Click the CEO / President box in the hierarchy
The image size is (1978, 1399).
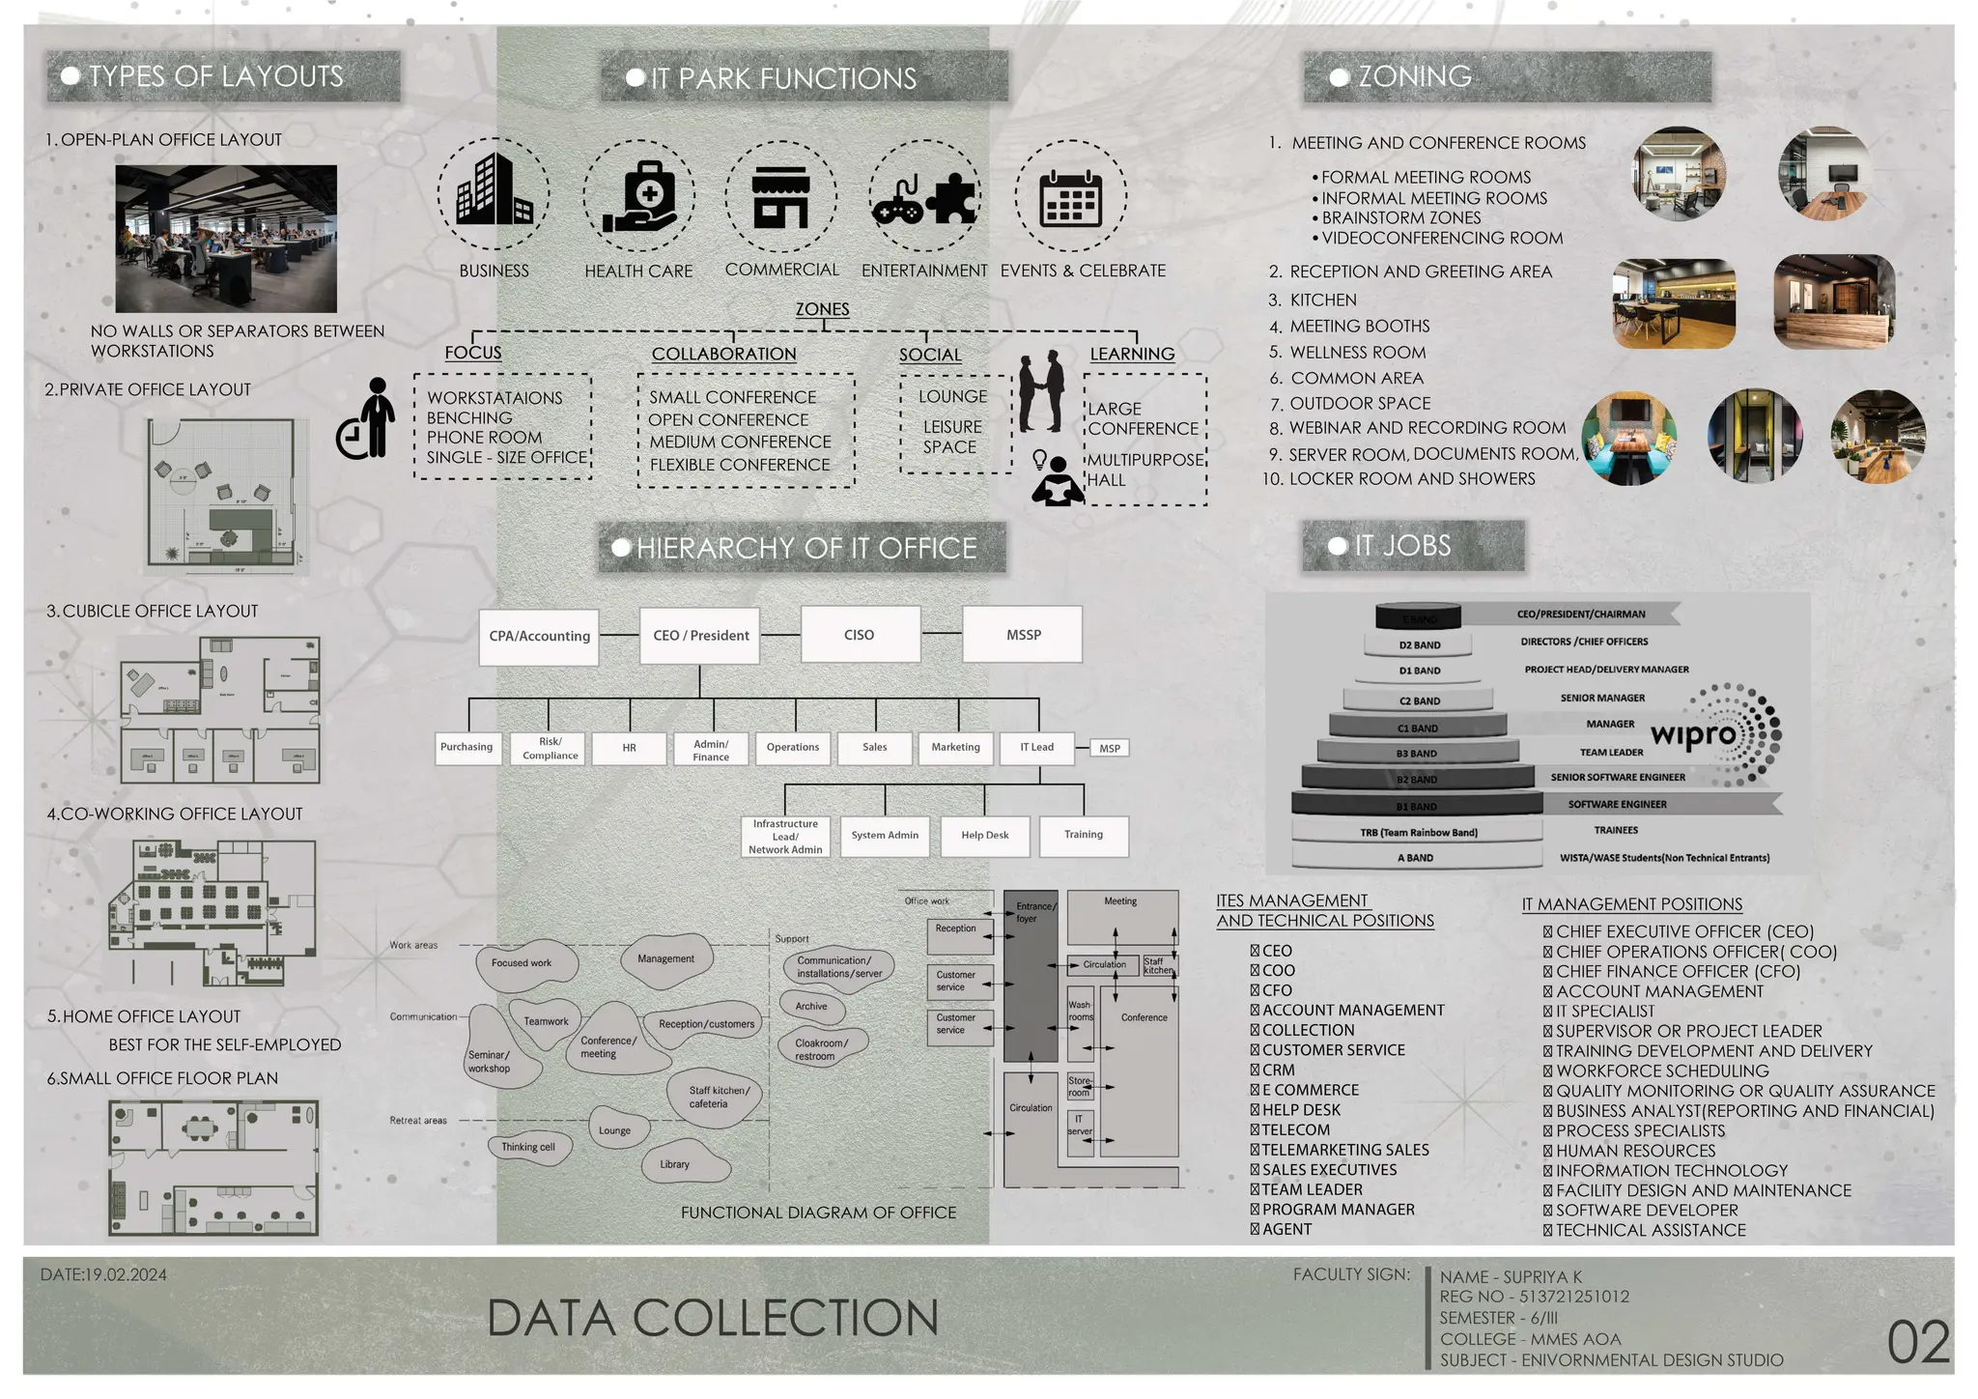click(x=700, y=636)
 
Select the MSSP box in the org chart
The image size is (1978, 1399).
click(x=1023, y=635)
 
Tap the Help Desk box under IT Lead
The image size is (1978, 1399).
click(x=984, y=836)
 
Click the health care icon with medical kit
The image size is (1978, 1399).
click(x=638, y=196)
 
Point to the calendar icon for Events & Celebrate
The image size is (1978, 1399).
click(x=1070, y=197)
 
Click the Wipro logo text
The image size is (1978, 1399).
click(x=1693, y=735)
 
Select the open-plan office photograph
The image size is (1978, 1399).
click(x=226, y=238)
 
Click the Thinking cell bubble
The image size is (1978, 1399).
click(x=528, y=1148)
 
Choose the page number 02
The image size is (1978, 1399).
click(x=1918, y=1343)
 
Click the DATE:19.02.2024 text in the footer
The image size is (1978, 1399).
click(x=103, y=1275)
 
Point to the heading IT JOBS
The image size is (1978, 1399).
click(x=1402, y=546)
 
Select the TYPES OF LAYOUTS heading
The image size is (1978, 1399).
click(x=215, y=77)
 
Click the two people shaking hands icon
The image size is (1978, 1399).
click(x=1041, y=391)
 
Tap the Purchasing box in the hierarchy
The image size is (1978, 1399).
click(x=466, y=748)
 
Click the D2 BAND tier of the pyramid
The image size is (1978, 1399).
click(x=1419, y=644)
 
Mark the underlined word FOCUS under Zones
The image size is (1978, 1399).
click(x=473, y=353)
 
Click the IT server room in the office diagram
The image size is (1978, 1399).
click(x=1080, y=1126)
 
